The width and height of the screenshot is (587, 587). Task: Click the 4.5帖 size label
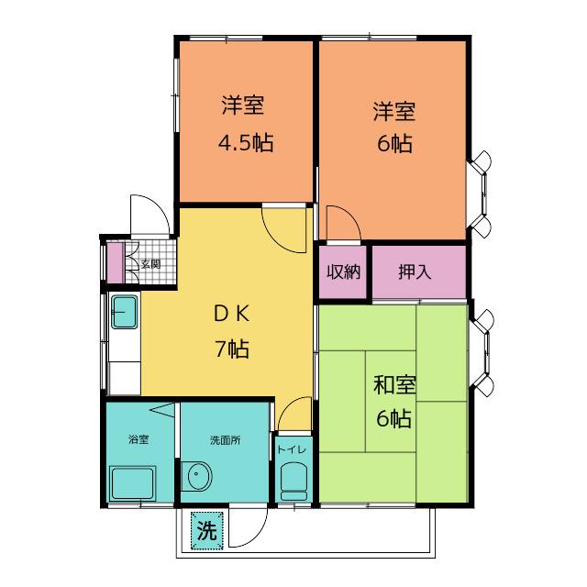(246, 143)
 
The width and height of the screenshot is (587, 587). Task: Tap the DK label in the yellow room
(231, 314)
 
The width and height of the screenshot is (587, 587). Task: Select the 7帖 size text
(232, 349)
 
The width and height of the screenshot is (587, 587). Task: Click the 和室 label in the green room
(394, 384)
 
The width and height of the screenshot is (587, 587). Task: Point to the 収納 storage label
(343, 271)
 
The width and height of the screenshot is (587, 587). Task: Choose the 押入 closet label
(415, 271)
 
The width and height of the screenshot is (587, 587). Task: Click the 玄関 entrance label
(150, 264)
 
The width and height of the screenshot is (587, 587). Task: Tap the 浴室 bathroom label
(138, 439)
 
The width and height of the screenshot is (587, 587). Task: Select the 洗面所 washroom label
(226, 440)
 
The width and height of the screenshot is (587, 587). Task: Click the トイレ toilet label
(292, 449)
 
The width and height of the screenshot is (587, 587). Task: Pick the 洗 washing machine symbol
(207, 531)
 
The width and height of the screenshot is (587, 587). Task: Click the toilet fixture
(293, 482)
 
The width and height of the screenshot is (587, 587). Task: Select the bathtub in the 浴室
(132, 483)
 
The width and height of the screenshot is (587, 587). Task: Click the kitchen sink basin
(125, 312)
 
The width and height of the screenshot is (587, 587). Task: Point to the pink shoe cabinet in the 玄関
(116, 263)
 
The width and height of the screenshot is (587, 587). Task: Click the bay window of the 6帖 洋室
(481, 194)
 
